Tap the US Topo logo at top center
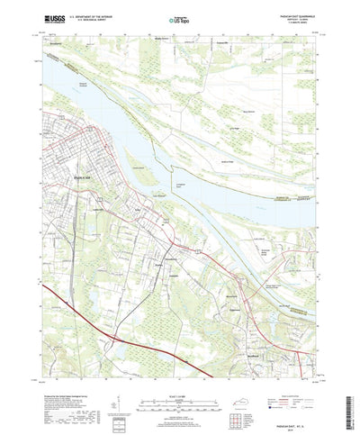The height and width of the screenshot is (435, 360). [179, 17]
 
